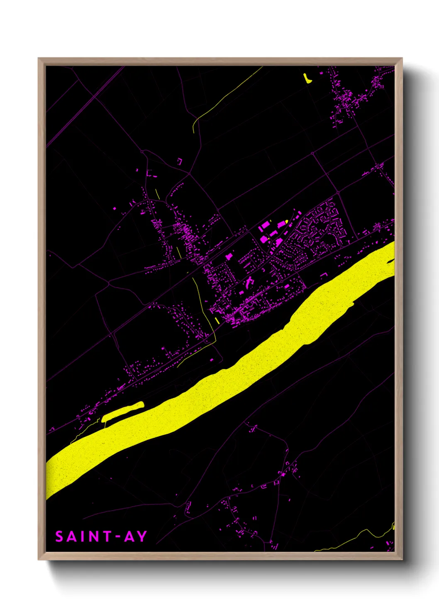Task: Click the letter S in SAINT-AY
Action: (x=59, y=536)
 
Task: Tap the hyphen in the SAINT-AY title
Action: (x=117, y=537)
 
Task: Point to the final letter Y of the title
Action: (x=142, y=536)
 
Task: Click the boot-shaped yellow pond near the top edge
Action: (x=307, y=78)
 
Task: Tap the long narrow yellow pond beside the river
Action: (x=122, y=411)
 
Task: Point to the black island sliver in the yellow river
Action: (x=390, y=261)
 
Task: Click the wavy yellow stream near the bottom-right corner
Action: (x=357, y=538)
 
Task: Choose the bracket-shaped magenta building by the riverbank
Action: (x=323, y=274)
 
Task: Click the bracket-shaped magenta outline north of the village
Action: (x=180, y=161)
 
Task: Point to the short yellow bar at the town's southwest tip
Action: (x=217, y=320)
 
